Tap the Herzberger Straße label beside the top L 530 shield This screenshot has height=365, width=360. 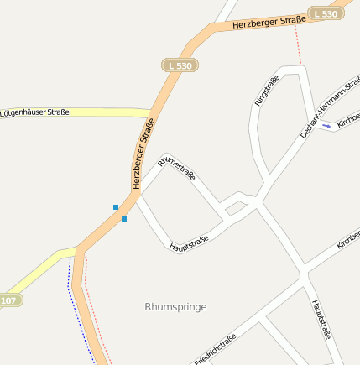click(269, 23)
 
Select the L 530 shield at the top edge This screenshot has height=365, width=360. click(325, 13)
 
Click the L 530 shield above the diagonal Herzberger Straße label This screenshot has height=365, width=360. click(179, 65)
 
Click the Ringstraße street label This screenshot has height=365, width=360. click(267, 91)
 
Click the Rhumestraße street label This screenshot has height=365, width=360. click(177, 168)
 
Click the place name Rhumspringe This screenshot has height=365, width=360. click(175, 307)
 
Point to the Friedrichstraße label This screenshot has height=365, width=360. click(215, 350)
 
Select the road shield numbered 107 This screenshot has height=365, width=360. click(8, 300)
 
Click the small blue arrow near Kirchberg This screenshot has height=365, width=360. click(326, 126)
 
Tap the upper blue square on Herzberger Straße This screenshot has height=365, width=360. click(116, 206)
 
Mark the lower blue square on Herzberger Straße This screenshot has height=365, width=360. click(124, 219)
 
